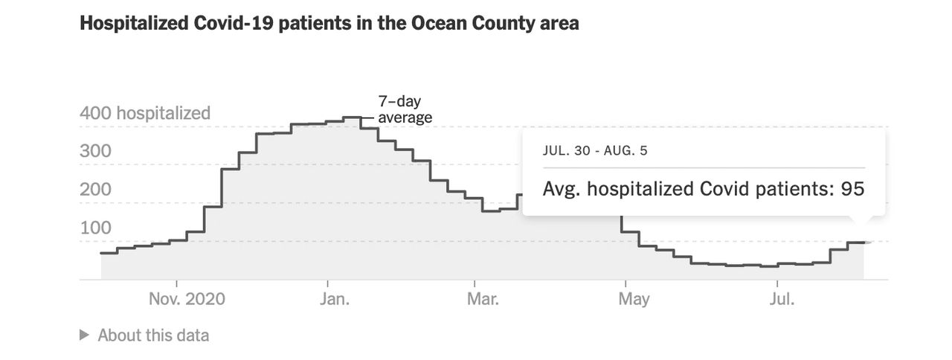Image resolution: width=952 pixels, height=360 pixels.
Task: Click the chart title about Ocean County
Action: point(329,23)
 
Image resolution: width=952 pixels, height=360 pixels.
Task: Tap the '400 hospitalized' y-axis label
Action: point(145,113)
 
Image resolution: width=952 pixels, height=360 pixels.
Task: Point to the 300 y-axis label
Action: point(95,151)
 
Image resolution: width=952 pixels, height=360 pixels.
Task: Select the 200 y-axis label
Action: point(95,189)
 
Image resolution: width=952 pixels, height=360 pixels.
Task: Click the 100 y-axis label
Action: point(96,228)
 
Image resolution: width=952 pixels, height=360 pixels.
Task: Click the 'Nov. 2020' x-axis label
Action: point(187,299)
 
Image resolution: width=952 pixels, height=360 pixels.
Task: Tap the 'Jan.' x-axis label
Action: point(335,299)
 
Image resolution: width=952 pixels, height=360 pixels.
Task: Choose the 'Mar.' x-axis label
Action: point(483,299)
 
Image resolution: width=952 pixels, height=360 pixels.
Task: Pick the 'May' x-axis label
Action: point(634,300)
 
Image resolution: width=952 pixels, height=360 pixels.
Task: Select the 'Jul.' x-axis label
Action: point(782,299)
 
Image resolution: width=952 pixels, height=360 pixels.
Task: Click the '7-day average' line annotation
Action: point(405,109)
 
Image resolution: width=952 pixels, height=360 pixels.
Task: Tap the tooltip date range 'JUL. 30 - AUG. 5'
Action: point(595,150)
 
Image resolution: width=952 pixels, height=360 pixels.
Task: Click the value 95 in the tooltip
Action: point(852,189)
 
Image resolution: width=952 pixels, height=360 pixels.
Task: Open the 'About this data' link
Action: point(153,335)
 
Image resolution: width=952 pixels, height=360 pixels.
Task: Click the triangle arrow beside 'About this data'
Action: point(84,335)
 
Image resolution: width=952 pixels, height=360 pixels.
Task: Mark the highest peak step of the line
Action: point(352,118)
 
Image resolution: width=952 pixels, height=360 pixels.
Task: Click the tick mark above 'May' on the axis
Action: point(625,283)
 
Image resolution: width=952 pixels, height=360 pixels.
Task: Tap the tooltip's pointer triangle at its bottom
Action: point(859,219)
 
